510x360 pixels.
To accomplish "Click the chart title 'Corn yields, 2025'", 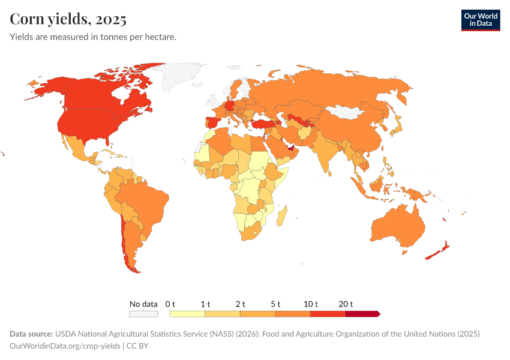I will pos(68,19).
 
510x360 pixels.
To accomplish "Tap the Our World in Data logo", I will pos(480,20).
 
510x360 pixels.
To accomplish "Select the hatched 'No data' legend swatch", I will pos(143,314).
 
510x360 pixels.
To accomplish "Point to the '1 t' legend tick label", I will pos(205,304).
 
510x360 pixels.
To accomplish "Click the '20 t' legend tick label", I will pos(346,304).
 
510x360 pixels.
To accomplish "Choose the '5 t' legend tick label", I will pos(275,304).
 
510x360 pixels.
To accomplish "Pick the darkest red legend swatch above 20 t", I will pos(362,314).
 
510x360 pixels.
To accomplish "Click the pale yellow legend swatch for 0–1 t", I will pos(187,314).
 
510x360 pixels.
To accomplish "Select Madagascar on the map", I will pos(283,214).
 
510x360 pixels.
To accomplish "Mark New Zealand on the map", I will pos(439,252).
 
